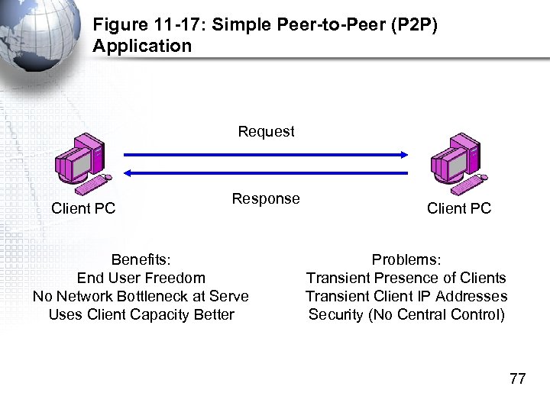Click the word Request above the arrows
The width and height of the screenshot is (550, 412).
click(x=266, y=131)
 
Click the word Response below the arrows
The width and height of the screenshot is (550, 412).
click(x=266, y=198)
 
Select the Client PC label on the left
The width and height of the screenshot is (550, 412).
click(x=83, y=208)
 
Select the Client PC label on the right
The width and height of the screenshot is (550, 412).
click(x=459, y=208)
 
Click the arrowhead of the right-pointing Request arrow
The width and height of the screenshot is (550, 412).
click(x=404, y=155)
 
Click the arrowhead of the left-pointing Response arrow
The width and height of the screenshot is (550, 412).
click(x=129, y=173)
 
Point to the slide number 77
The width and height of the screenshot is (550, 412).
click(x=517, y=378)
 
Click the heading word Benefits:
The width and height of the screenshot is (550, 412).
click(x=141, y=260)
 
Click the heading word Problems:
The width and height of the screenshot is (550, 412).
click(x=406, y=260)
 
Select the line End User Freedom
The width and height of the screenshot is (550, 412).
click(x=141, y=278)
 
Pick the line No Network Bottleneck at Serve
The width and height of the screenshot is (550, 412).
click(x=141, y=296)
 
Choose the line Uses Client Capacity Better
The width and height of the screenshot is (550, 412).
click(x=141, y=314)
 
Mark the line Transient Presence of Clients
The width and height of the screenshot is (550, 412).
click(x=406, y=278)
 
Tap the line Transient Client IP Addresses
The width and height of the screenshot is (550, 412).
click(x=406, y=296)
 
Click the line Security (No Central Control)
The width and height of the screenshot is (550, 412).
click(x=406, y=314)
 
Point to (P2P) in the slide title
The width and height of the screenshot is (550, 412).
click(x=413, y=24)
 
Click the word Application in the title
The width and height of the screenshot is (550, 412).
click(x=142, y=46)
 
